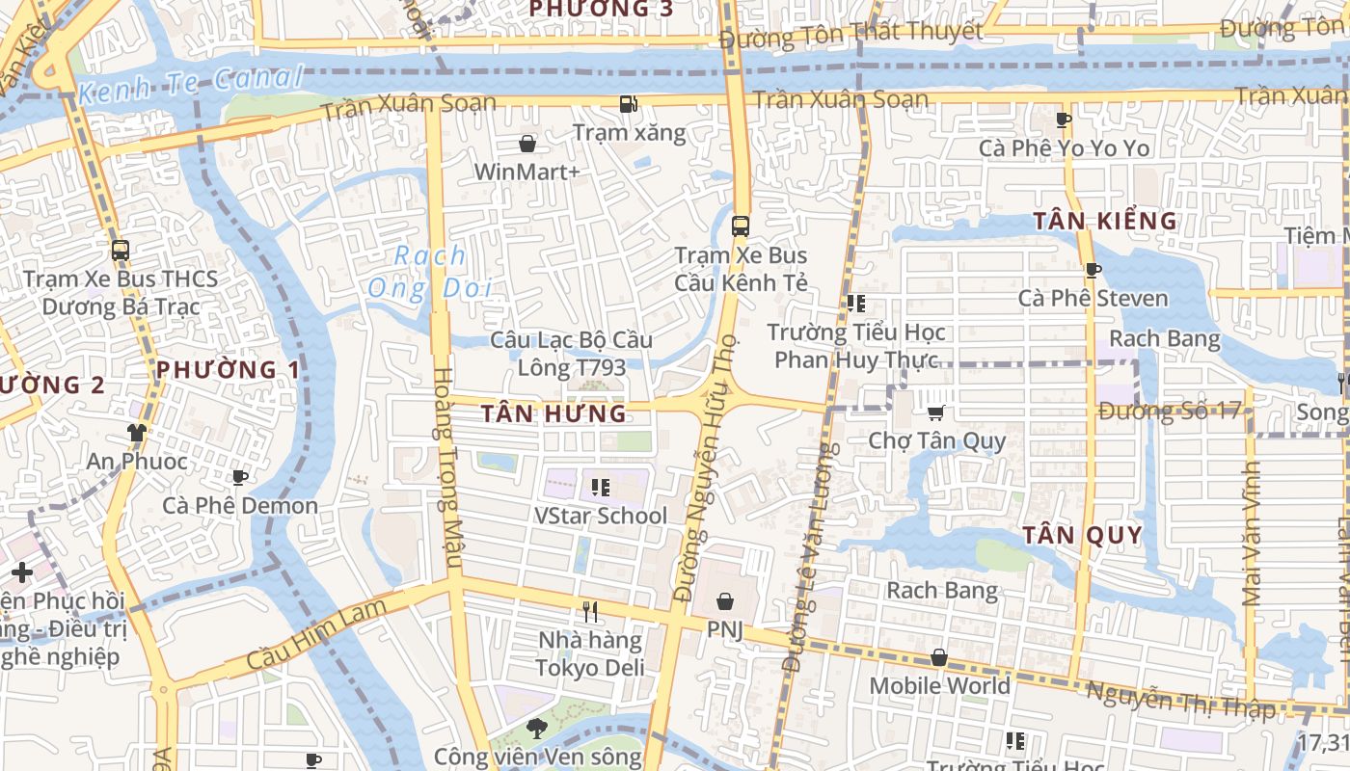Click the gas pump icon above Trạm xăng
(628, 104)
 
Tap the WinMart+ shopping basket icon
(527, 145)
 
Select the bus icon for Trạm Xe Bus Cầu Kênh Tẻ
(741, 226)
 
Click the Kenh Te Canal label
(191, 84)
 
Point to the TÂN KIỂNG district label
(1105, 221)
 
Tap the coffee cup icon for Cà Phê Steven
(1093, 270)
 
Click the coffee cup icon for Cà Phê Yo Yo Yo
(1064, 120)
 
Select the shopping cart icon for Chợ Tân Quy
(935, 412)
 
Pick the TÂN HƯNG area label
(553, 414)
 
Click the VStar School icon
(601, 487)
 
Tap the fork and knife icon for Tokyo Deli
(590, 611)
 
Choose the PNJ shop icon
(725, 601)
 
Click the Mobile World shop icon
(939, 657)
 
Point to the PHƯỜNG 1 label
(228, 369)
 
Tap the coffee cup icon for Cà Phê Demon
(239, 477)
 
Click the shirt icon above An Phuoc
(136, 433)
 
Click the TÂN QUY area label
(1082, 535)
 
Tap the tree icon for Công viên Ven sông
(536, 728)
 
